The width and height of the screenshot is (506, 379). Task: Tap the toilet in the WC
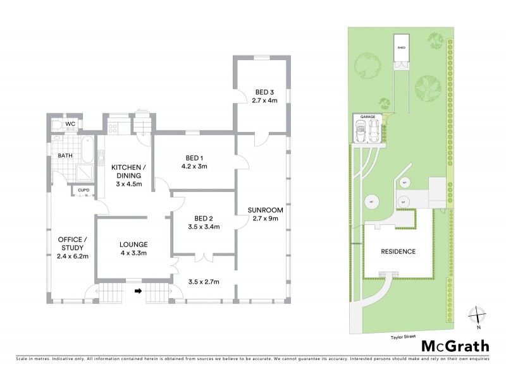[x=56, y=124]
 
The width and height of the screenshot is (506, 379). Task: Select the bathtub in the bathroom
[x=89, y=152]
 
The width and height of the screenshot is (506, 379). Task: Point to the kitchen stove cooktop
[x=113, y=128]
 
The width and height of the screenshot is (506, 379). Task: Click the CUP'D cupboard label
[x=83, y=189]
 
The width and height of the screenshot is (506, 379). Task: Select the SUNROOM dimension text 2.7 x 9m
[x=261, y=219]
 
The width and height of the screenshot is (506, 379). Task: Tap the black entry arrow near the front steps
[x=137, y=291]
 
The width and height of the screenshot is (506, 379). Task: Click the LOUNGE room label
[x=133, y=244]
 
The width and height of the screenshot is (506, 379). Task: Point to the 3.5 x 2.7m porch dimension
[x=203, y=282]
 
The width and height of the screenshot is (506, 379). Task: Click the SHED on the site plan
[x=400, y=52]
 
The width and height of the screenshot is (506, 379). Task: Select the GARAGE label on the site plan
[x=367, y=117]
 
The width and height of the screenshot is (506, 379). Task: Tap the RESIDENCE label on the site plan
[x=398, y=251]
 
